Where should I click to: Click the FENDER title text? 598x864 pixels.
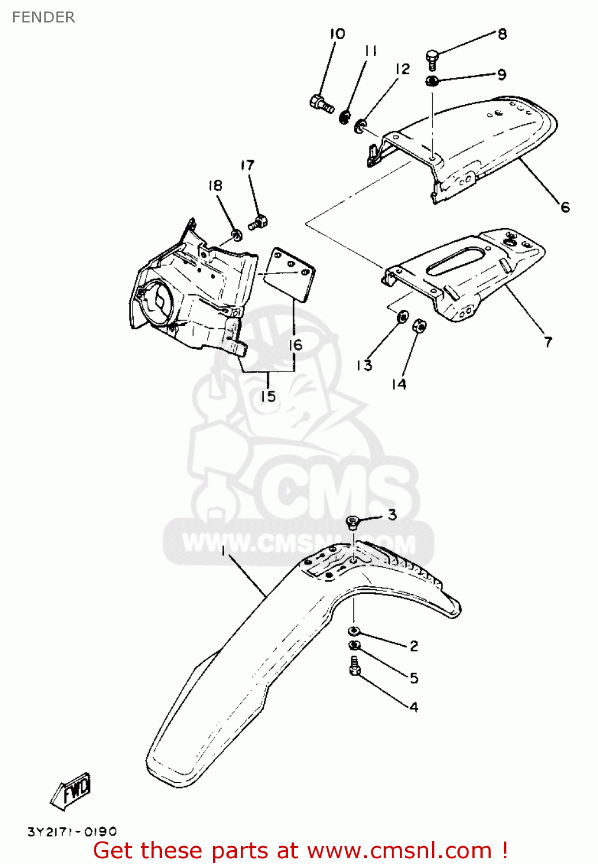coord(44,17)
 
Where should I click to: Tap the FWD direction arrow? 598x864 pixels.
coord(71,790)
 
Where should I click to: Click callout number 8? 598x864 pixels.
coord(502,35)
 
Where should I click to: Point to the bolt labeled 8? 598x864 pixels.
coord(433,60)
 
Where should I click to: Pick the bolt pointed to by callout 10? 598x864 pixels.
coord(322,103)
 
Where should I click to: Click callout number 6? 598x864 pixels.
coord(565,207)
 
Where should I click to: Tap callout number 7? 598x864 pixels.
coord(548,342)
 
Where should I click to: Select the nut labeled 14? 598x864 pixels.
coord(420,327)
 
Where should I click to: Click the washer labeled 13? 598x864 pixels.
coord(402,316)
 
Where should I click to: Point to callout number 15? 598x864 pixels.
coord(268,396)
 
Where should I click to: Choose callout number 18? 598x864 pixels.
coord(215,185)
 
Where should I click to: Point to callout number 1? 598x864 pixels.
coord(224,551)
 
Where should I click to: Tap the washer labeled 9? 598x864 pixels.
coord(432,81)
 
